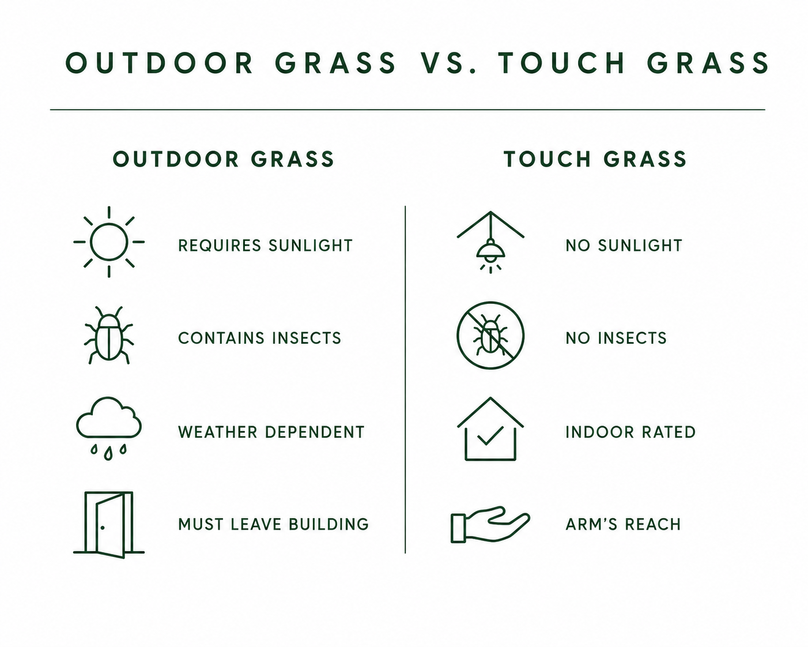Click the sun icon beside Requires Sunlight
point(109,242)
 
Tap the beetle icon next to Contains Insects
point(109,335)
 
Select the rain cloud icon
point(109,428)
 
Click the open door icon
point(109,525)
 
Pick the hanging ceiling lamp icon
point(490,242)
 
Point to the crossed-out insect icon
point(490,335)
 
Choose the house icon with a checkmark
point(490,428)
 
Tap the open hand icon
point(490,524)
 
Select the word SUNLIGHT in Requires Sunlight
point(311,245)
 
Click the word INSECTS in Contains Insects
point(307,338)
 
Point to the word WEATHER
point(218,432)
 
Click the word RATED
point(669,432)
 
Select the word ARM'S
point(591,524)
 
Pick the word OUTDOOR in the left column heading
point(176,159)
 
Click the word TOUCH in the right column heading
point(548,159)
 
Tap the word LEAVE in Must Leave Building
point(256,524)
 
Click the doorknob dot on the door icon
point(103,528)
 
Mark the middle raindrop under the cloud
point(108,454)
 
